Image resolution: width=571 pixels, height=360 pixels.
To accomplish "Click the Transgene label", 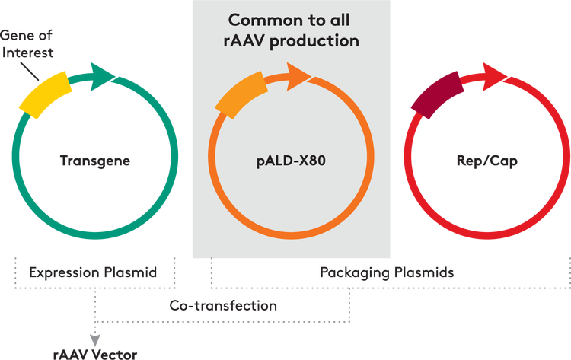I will (x=95, y=161).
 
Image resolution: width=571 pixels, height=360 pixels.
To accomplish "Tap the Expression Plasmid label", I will (x=93, y=272).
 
